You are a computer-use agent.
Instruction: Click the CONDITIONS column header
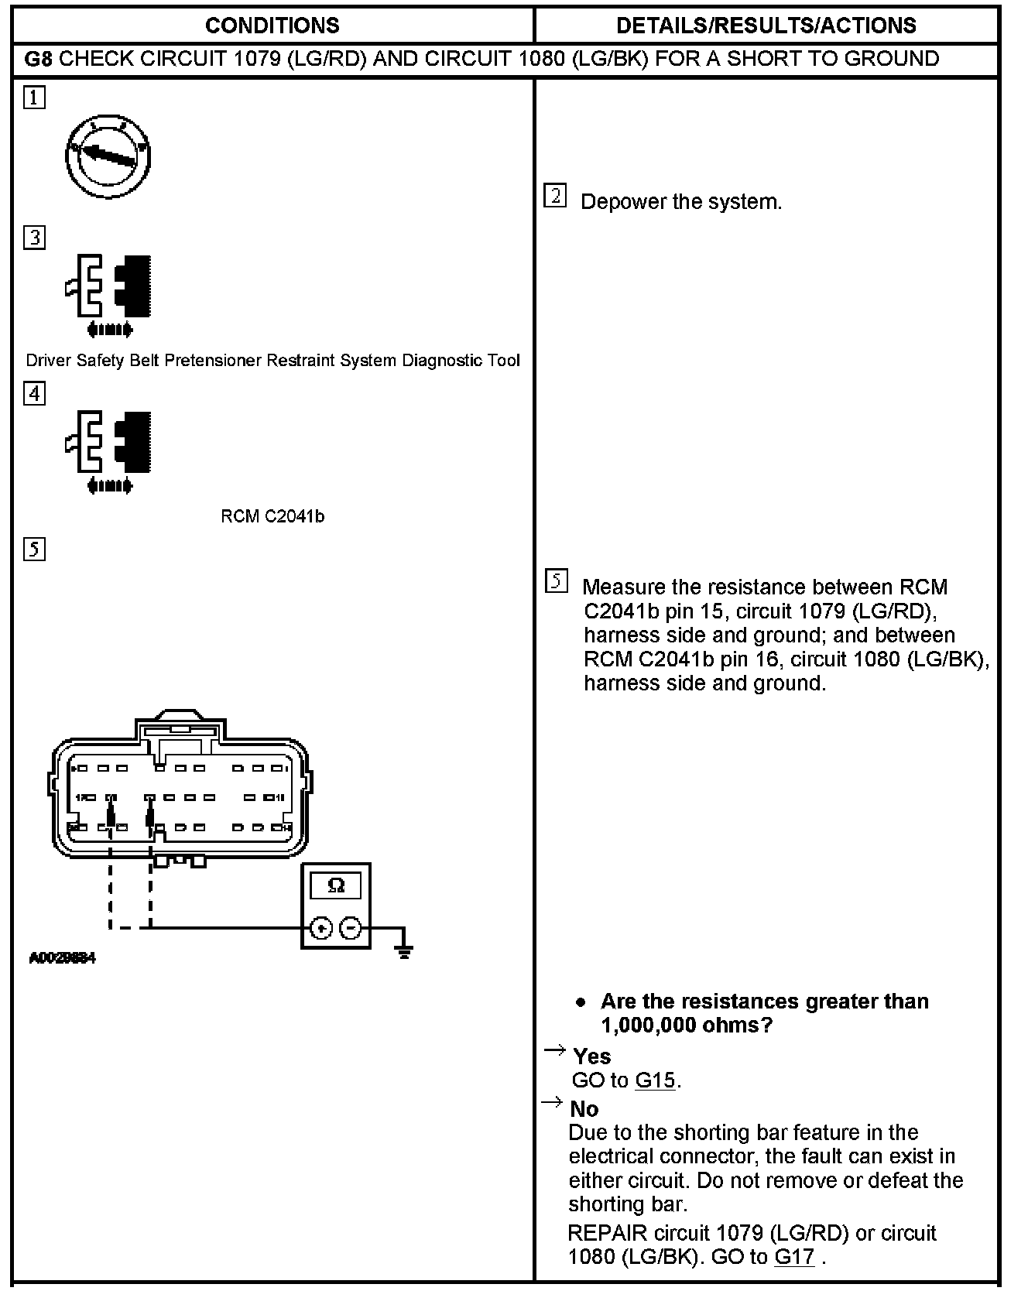272,26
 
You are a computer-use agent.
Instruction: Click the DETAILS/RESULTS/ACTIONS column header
766,26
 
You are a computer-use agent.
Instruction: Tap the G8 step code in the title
39,59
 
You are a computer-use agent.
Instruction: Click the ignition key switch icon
108,156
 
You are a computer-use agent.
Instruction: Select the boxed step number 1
34,98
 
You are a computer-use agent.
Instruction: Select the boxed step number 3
34,237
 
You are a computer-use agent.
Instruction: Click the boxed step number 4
34,393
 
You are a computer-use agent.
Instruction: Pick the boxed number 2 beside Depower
555,196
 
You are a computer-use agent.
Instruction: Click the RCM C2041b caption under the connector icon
272,516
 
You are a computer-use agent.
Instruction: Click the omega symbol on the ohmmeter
336,885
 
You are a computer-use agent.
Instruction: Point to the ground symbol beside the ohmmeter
403,950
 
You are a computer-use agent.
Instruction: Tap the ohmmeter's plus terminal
322,928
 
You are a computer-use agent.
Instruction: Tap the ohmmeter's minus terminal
351,928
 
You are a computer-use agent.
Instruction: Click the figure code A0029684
62,958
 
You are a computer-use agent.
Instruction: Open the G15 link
655,1080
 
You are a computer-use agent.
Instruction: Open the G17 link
794,1257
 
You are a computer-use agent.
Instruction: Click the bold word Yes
591,1056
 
